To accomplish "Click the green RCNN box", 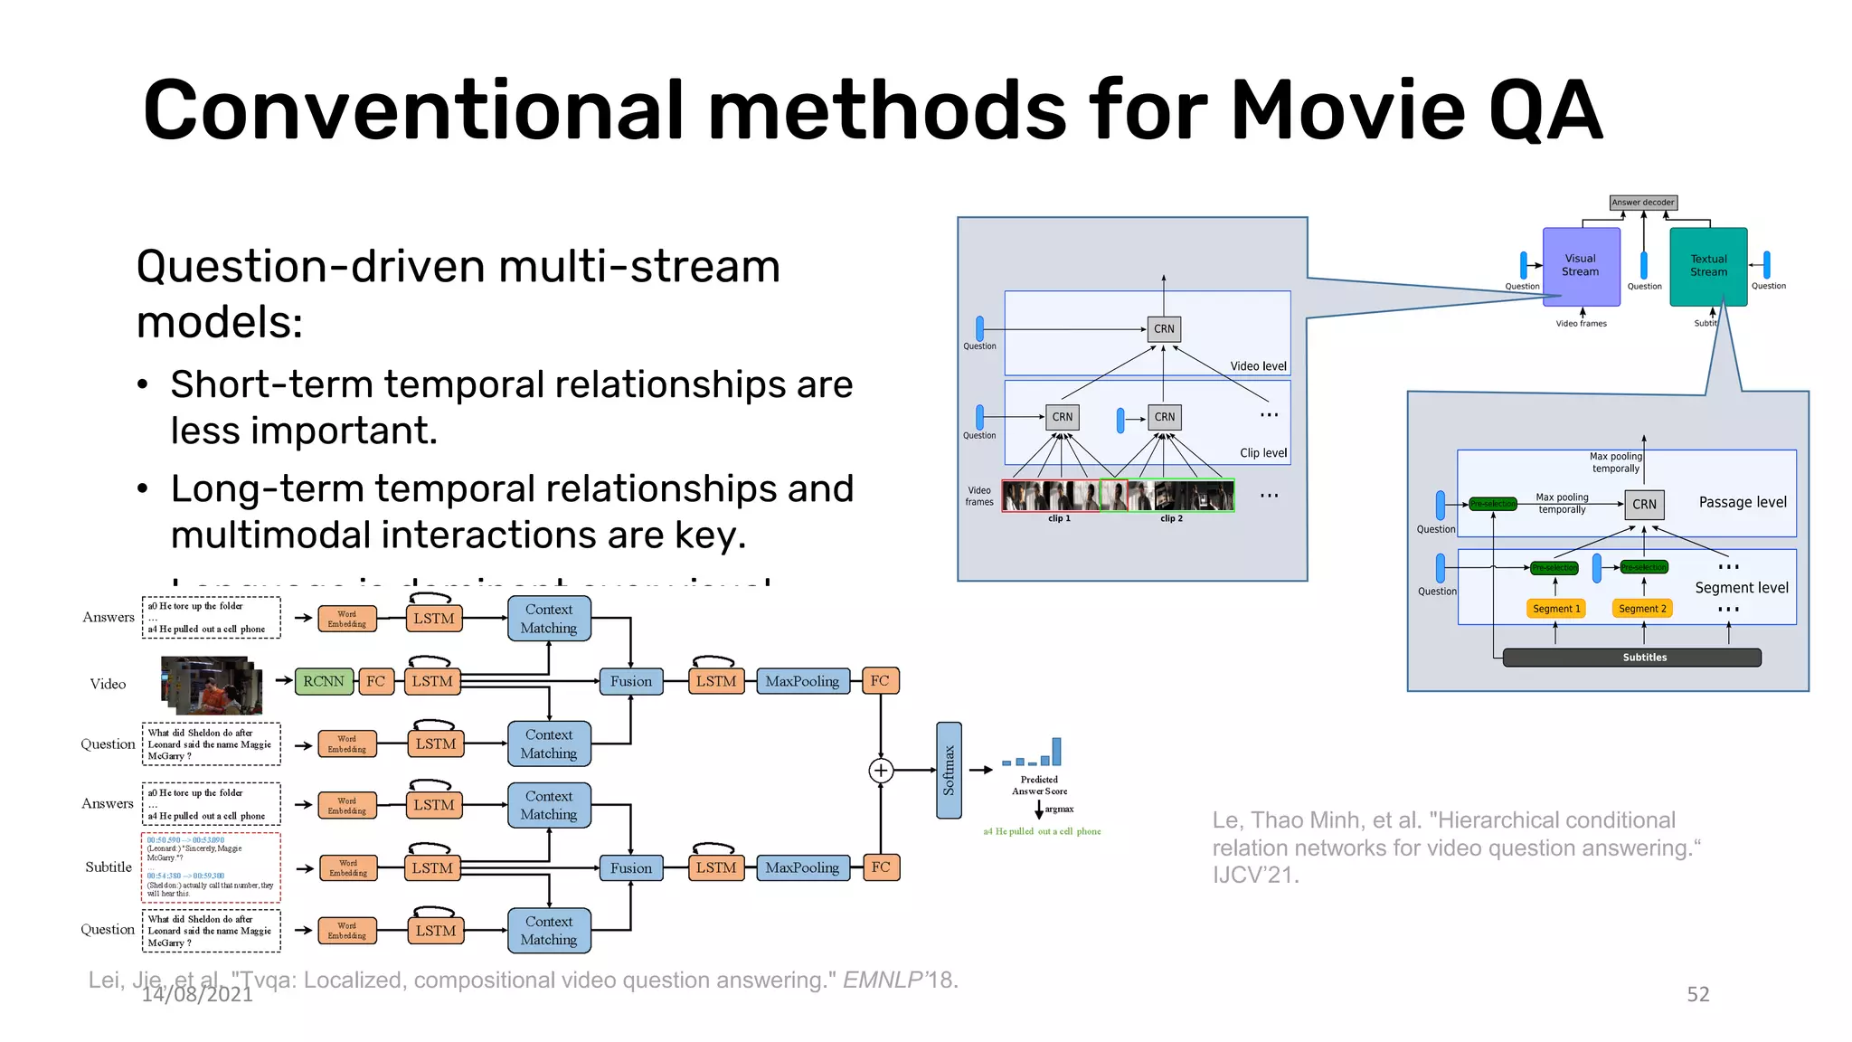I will click(x=324, y=681).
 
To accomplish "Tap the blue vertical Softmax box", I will click(x=949, y=770).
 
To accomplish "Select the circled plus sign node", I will click(x=881, y=771).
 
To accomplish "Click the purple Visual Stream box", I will click(x=1580, y=266).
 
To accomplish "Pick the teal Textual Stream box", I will click(x=1708, y=266).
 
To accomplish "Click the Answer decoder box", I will click(x=1643, y=203).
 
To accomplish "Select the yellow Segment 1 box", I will click(x=1556, y=609).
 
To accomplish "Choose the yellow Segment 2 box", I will click(x=1642, y=609).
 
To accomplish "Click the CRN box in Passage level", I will click(x=1644, y=505).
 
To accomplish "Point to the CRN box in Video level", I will click(x=1164, y=329).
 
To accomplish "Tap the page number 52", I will click(x=1697, y=994).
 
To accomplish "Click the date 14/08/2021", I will click(x=197, y=995).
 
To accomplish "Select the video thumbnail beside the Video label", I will click(x=213, y=685).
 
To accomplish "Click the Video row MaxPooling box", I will click(x=802, y=681).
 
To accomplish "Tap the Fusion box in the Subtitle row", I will click(x=630, y=868).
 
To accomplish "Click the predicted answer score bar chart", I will click(x=1032, y=753).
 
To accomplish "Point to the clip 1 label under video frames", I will click(x=1059, y=518).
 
